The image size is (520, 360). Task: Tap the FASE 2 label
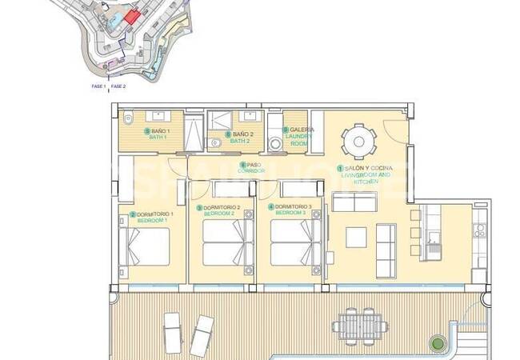pyautogui.click(x=118, y=86)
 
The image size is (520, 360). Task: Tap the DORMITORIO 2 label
pyautogui.click(x=219, y=210)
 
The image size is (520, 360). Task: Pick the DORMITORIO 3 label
pyautogui.click(x=290, y=210)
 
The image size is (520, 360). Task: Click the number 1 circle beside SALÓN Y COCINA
pyautogui.click(x=339, y=169)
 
